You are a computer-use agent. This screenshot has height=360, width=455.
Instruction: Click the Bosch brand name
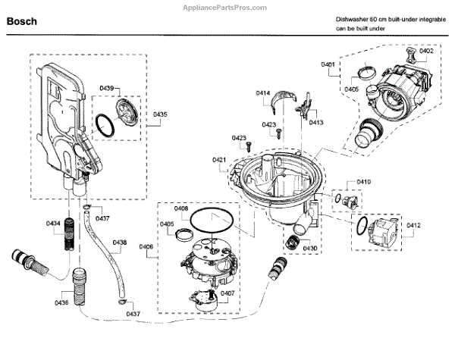tap(24, 23)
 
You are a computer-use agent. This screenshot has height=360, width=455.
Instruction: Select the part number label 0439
tap(106, 89)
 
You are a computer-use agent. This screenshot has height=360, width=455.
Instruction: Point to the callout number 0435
tap(159, 114)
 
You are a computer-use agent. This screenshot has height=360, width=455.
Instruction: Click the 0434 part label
tap(53, 224)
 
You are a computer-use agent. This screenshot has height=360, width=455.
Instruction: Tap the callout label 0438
tap(120, 243)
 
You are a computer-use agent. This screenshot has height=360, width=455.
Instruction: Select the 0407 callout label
tap(227, 293)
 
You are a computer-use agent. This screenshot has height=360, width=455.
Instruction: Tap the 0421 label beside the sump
tap(219, 159)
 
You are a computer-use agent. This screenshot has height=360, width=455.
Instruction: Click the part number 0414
tap(262, 93)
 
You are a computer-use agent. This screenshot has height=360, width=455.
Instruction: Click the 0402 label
tap(426, 51)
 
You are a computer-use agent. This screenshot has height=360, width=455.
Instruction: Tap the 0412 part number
tap(413, 225)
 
